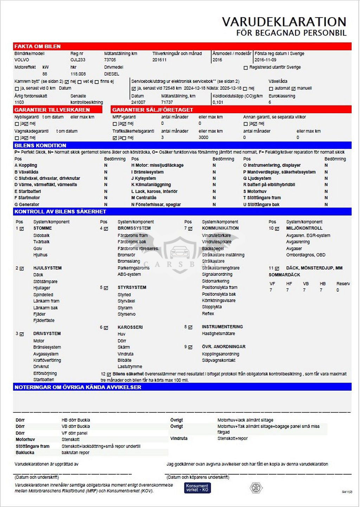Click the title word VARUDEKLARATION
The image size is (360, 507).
point(284,22)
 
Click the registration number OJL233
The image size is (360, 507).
point(78,60)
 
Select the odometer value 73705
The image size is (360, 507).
point(110,60)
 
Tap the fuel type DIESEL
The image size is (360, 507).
point(112,74)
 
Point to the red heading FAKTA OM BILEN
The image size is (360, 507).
point(38,46)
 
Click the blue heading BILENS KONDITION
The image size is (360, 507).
point(40,145)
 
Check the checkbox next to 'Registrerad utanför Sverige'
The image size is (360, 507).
point(246,67)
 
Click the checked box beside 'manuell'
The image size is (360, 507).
point(294,89)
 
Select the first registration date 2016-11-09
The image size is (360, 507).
point(265,60)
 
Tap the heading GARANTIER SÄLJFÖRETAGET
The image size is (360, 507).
point(153,110)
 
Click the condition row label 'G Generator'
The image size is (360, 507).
point(27,204)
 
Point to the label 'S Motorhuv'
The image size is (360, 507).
point(255,191)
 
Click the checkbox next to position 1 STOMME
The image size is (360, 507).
point(22,229)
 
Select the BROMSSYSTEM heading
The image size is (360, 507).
point(134,228)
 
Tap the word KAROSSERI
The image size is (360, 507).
point(130,327)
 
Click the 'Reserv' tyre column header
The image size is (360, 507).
point(343,284)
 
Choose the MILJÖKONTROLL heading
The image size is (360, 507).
point(304,228)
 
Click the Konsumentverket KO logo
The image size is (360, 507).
point(197,488)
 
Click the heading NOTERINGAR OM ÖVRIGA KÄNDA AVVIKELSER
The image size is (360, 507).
point(78,387)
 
